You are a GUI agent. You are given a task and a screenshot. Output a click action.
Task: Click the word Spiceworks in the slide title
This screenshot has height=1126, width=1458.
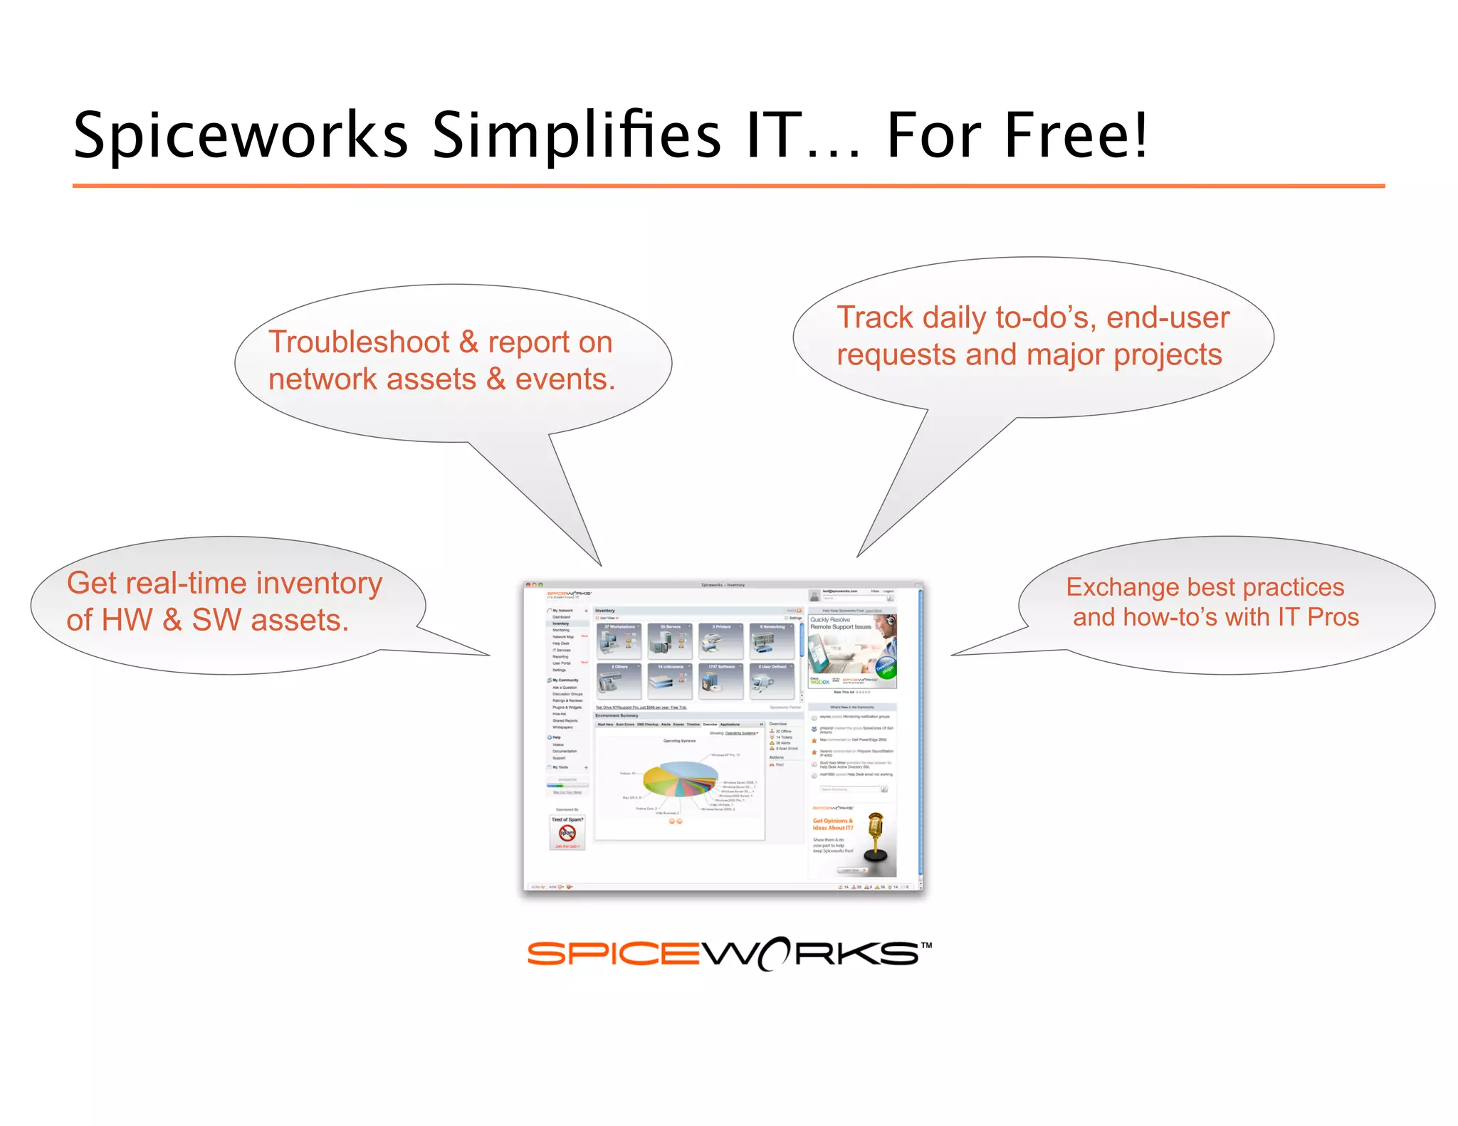tap(241, 135)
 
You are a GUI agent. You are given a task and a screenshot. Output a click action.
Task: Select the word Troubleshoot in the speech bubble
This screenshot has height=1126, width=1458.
tap(358, 342)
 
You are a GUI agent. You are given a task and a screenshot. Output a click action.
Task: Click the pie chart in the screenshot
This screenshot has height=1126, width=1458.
tap(680, 779)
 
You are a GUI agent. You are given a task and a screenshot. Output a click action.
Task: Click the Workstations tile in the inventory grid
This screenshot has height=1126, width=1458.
tap(619, 641)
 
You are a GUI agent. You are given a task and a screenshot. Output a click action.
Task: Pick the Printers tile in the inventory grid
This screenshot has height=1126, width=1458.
tap(721, 641)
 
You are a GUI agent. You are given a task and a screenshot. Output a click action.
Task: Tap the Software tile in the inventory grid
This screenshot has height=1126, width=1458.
tap(721, 681)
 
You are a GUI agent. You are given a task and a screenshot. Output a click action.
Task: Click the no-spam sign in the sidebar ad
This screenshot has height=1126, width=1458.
tap(567, 833)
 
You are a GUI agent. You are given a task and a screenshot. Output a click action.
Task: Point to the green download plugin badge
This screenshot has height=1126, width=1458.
tap(886, 668)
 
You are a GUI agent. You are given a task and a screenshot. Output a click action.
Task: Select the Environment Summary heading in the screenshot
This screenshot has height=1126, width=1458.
tap(617, 715)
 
